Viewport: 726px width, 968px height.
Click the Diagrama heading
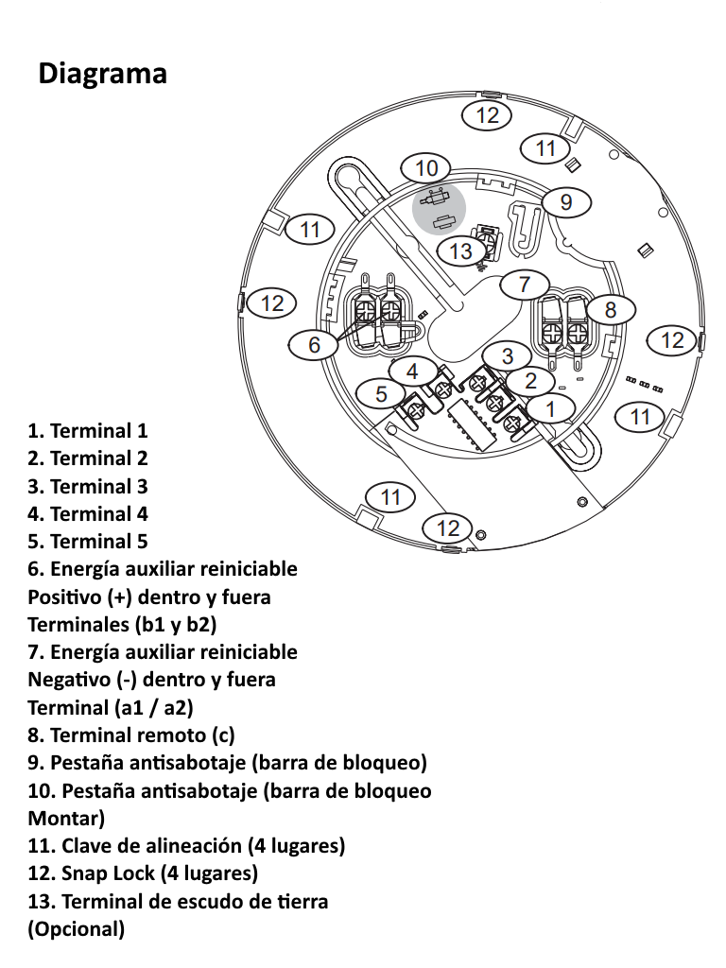(x=102, y=73)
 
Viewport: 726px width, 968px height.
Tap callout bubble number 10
(x=426, y=168)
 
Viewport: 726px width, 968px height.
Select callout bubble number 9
(x=565, y=201)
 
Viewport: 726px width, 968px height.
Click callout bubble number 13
(x=460, y=251)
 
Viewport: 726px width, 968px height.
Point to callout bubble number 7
(x=524, y=283)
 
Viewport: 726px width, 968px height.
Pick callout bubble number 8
(x=610, y=309)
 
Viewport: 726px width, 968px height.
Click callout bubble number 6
(x=315, y=345)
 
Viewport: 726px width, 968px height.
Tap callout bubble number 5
(x=381, y=394)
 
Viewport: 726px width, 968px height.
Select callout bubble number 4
(x=412, y=372)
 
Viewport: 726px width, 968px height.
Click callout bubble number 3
(x=508, y=355)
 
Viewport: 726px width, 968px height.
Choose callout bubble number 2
(x=530, y=381)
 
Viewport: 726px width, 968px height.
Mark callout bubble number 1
(x=551, y=409)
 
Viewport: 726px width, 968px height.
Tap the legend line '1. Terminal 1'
(x=88, y=431)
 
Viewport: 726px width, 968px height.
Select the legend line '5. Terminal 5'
(x=88, y=542)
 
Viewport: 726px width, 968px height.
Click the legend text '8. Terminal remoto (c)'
(x=131, y=735)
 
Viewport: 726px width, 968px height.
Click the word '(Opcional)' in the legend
(x=77, y=928)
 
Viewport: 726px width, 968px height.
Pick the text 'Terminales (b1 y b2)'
(x=123, y=624)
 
